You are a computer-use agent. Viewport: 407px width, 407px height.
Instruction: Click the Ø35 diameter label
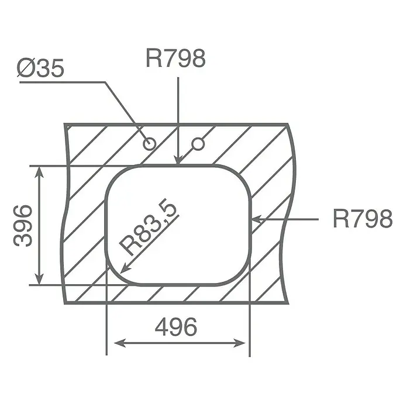click(x=40, y=68)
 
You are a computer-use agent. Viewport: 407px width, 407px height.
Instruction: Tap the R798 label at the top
click(x=176, y=58)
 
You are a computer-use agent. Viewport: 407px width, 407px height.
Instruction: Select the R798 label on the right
click(x=363, y=219)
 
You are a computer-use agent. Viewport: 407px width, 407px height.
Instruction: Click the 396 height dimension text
click(x=23, y=225)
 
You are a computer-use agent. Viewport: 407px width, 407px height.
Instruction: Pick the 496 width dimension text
click(x=176, y=327)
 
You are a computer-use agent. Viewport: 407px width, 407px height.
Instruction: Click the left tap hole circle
click(x=150, y=143)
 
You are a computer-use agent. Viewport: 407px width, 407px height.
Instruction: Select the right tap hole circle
click(x=198, y=144)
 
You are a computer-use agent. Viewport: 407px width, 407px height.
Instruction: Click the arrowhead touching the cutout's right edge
click(x=257, y=219)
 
